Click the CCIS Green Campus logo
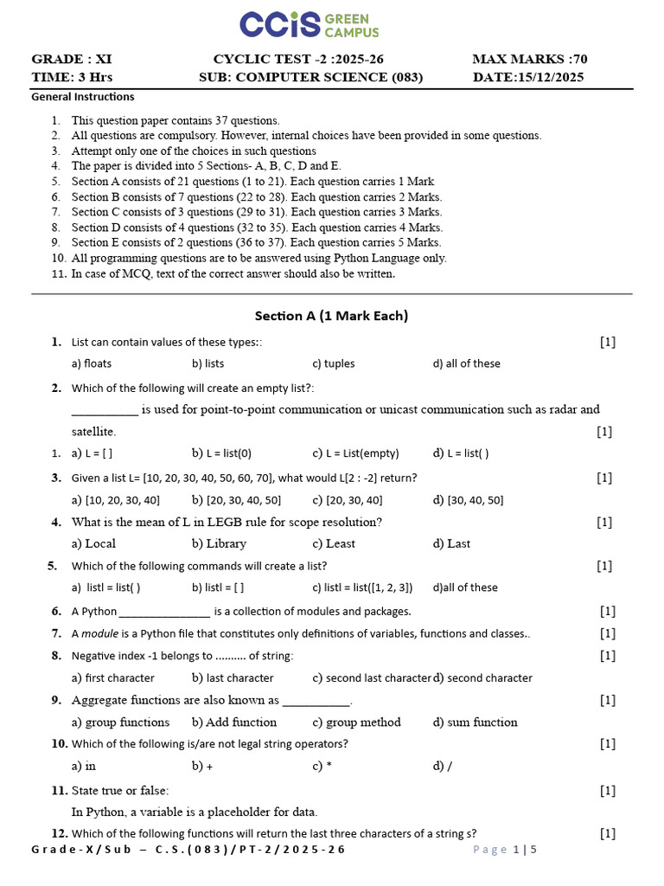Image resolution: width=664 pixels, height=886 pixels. point(309,25)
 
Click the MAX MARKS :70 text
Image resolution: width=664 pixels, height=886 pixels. point(529,59)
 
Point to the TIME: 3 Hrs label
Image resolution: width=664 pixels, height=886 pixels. point(65,77)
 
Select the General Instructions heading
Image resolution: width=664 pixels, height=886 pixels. point(82,97)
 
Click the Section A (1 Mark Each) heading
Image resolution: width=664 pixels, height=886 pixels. point(331,316)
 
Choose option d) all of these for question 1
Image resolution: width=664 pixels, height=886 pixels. point(466,363)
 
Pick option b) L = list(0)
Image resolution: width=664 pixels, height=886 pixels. point(222,453)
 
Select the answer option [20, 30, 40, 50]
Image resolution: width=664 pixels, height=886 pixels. point(236,500)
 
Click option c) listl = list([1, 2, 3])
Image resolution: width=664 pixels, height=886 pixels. point(362,587)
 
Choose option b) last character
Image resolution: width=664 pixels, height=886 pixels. point(233,678)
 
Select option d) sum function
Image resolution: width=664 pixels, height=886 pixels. point(476,722)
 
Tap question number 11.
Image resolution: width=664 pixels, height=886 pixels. point(59,790)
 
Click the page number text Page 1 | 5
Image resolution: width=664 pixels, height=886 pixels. point(505,850)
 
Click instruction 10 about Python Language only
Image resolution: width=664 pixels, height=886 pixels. point(259,258)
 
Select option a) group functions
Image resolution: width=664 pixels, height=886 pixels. point(120,722)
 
